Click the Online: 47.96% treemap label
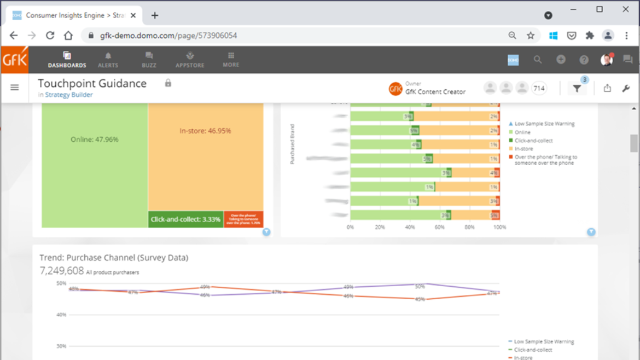[x=95, y=140]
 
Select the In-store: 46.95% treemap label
[x=205, y=131]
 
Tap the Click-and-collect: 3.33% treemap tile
[x=185, y=219]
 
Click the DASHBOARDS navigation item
[x=67, y=60]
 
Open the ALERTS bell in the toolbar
[x=108, y=60]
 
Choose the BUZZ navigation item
[x=149, y=60]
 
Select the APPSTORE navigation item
[x=190, y=60]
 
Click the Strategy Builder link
[x=69, y=95]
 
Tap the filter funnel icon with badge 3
[x=577, y=89]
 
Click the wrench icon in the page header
[x=626, y=88]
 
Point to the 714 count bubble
[x=539, y=88]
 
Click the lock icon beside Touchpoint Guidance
[x=168, y=83]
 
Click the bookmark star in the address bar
[x=531, y=36]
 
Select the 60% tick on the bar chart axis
[x=439, y=227]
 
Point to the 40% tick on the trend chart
[x=61, y=315]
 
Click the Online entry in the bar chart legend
[x=522, y=132]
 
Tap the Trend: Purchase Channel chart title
[x=114, y=258]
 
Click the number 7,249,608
[x=62, y=271]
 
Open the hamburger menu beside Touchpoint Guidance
[x=15, y=88]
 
